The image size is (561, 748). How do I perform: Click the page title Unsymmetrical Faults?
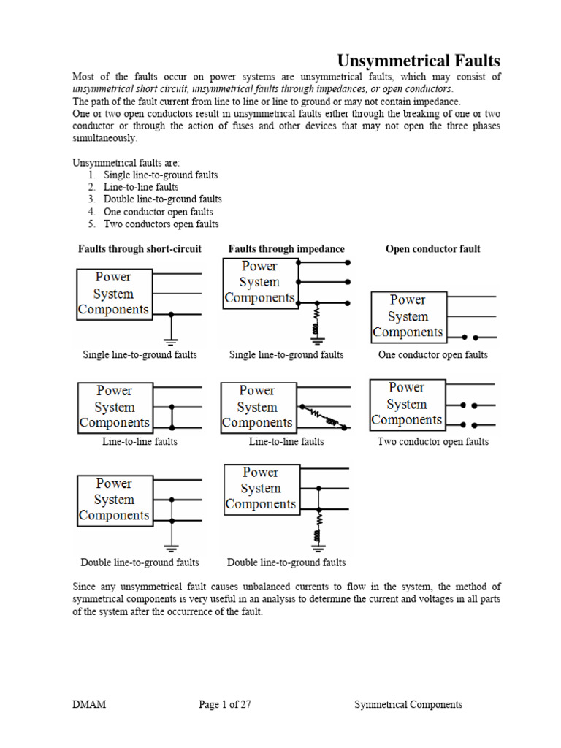click(x=418, y=61)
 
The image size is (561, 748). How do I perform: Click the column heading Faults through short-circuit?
click(x=140, y=249)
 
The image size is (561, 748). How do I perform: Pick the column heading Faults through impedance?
click(x=286, y=249)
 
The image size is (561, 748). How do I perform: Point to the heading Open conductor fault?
click(x=432, y=249)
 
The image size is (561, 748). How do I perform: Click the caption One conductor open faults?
click(x=432, y=355)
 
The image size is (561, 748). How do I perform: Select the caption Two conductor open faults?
click(x=432, y=442)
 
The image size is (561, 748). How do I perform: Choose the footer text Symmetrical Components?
click(x=408, y=705)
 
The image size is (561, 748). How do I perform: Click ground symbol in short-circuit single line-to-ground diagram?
click(x=172, y=340)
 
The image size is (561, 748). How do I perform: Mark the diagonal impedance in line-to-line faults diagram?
click(x=324, y=417)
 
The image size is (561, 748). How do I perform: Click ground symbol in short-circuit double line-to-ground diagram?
click(x=172, y=548)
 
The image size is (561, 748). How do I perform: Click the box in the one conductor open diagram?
click(x=408, y=317)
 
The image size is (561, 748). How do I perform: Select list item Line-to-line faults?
click(x=141, y=188)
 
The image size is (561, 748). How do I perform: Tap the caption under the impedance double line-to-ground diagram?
click(x=286, y=563)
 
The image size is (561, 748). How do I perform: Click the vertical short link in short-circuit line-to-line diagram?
click(x=172, y=416)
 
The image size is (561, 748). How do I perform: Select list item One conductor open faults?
click(x=158, y=212)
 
